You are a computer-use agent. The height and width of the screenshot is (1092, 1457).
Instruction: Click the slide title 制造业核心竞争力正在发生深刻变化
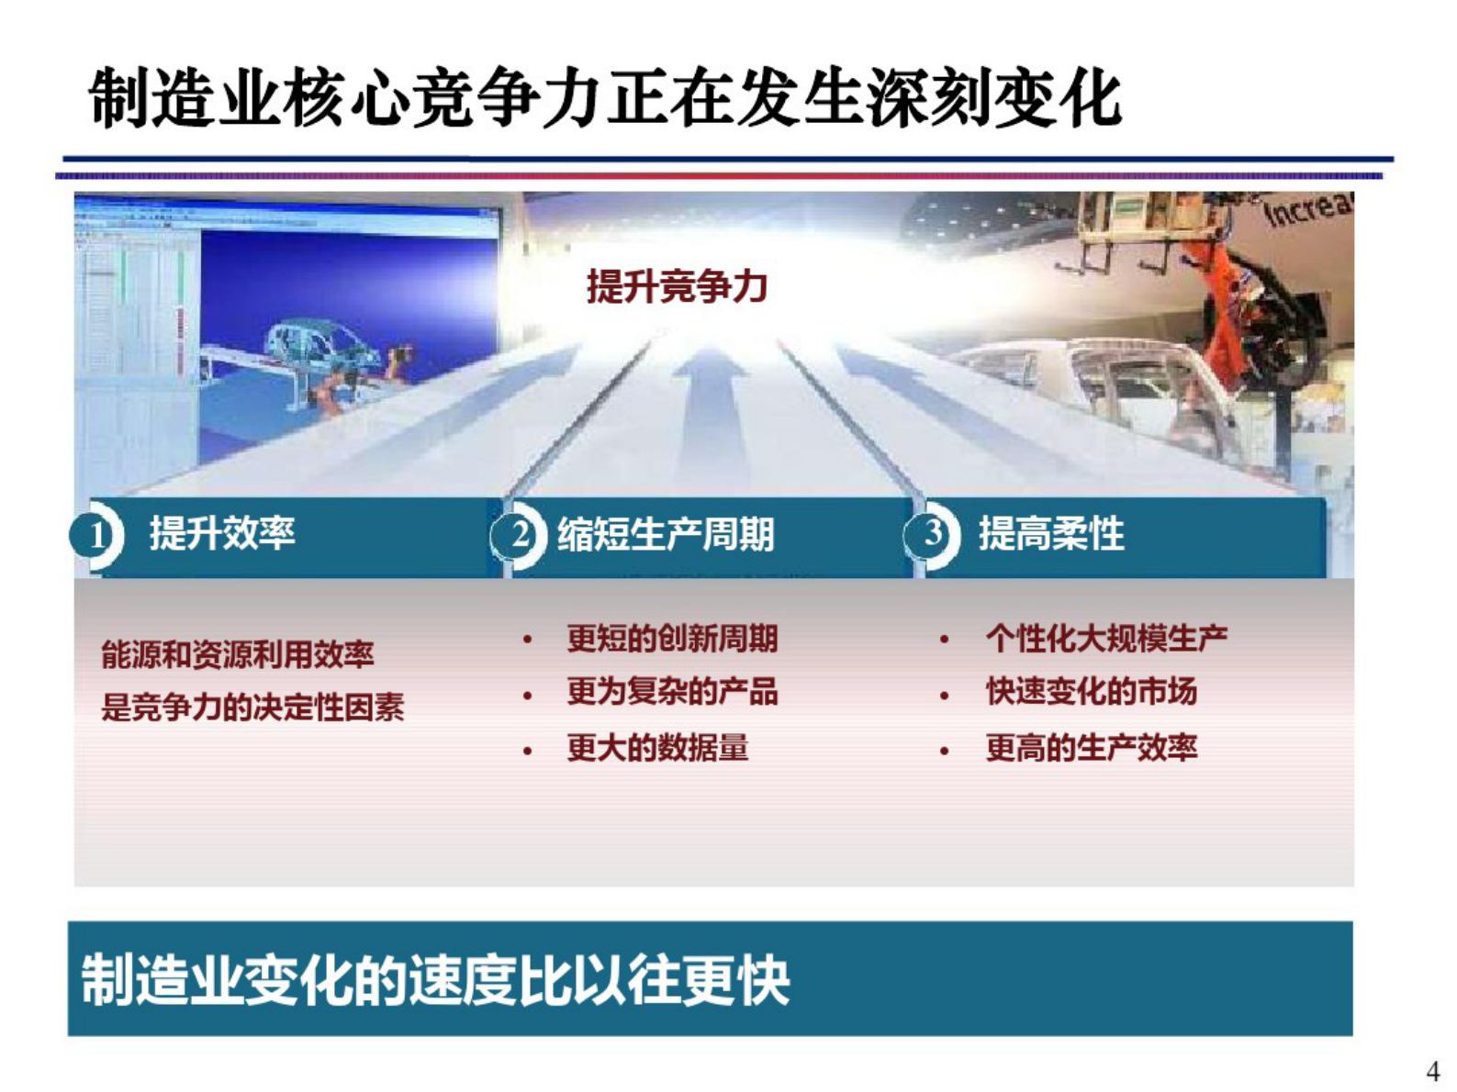pos(604,98)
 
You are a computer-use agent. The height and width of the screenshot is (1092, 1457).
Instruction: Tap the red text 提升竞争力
pos(677,286)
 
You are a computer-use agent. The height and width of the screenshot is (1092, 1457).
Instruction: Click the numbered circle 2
pos(519,535)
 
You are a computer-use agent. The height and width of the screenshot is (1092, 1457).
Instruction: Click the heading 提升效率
pos(222,533)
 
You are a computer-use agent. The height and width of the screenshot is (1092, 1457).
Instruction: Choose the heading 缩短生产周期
pos(666,534)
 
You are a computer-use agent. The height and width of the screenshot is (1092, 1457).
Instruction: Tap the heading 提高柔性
pos(1050,533)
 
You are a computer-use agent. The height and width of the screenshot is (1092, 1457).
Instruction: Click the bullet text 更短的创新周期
pos(671,638)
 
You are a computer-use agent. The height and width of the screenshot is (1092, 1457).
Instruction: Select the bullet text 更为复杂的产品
pos(671,692)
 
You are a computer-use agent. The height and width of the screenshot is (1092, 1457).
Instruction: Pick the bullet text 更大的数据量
pos(656,748)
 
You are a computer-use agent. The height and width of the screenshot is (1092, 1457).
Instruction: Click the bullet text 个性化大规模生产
pos(1105,638)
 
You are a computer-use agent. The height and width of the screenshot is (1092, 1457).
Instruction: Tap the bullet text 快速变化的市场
pos(1091,692)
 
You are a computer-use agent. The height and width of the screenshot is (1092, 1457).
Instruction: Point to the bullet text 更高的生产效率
pos(1091,748)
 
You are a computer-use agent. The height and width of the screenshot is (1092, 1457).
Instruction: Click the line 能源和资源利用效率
pos(237,654)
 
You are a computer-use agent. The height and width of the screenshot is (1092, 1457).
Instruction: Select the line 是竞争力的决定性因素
pos(252,708)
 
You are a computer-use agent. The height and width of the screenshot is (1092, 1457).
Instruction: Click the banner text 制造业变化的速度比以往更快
pos(435,980)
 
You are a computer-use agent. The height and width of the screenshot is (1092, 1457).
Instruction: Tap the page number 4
pos(1432,1071)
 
